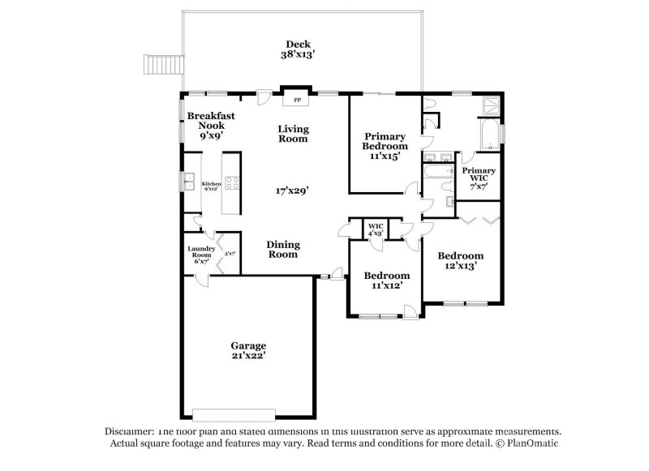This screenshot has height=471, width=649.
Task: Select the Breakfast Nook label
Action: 211,126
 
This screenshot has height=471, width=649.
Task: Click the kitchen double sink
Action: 188,181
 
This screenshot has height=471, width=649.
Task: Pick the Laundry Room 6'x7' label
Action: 200,255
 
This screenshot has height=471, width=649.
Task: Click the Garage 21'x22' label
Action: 247,350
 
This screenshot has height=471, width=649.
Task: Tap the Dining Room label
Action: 283,249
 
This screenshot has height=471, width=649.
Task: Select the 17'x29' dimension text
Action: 292,191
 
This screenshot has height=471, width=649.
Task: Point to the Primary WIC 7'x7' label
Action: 479,177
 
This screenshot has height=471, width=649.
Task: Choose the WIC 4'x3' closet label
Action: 376,229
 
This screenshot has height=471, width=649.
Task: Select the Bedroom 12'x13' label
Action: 461,259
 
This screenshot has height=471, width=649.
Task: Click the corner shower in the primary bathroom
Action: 490,105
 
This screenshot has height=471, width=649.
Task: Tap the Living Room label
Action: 293,133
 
